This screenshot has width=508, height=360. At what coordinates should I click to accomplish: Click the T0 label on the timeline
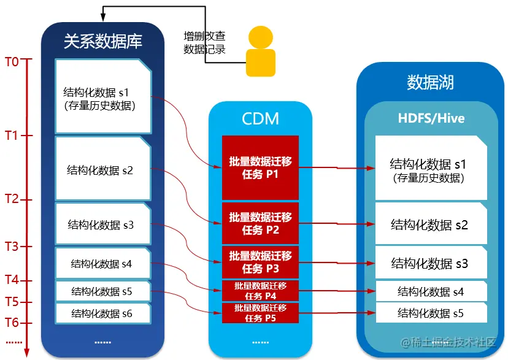(x=12, y=61)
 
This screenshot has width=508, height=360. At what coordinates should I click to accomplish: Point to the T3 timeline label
(x=12, y=247)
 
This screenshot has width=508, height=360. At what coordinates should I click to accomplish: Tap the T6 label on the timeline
(x=12, y=323)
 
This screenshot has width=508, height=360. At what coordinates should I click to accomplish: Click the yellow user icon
(x=260, y=55)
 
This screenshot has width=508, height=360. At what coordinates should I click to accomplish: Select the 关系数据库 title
(x=102, y=41)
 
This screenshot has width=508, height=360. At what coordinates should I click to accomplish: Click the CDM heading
(x=260, y=118)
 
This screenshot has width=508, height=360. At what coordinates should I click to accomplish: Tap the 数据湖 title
(x=430, y=83)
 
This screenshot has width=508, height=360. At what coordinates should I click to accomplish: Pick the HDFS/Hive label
(x=431, y=118)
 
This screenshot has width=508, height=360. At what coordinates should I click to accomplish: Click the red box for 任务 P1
(x=260, y=167)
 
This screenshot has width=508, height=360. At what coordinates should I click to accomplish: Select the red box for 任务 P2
(x=260, y=223)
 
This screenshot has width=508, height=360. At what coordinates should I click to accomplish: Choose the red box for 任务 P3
(x=260, y=262)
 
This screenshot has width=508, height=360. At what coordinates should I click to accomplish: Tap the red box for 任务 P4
(x=260, y=291)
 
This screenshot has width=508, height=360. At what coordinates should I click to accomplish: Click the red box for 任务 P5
(x=260, y=313)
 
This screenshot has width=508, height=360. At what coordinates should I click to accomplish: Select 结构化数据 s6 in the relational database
(x=102, y=313)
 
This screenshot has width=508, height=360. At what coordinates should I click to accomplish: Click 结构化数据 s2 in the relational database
(x=102, y=170)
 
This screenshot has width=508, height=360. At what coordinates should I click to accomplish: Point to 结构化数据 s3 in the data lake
(x=430, y=264)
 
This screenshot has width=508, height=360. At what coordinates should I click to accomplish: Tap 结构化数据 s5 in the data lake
(x=430, y=313)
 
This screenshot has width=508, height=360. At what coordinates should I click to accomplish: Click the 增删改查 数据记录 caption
(x=204, y=43)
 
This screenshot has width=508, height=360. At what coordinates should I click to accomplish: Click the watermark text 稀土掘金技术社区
(x=452, y=342)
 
